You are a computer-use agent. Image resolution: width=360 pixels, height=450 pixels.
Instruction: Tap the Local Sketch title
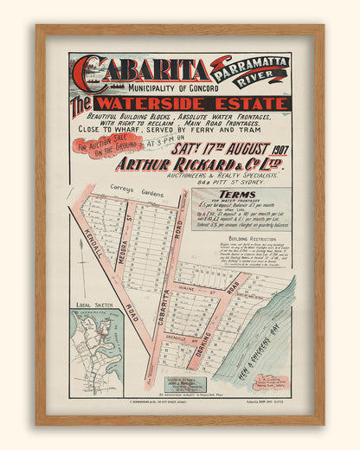click(91, 305)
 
